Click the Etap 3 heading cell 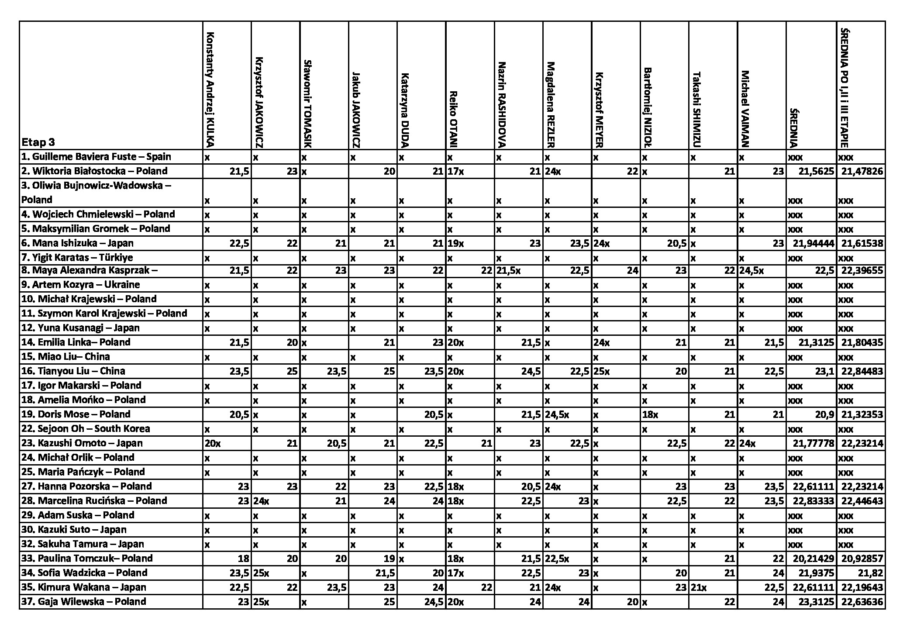click(38, 142)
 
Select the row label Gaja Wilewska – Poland click(83, 602)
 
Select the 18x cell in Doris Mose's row click(650, 414)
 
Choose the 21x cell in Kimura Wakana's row click(699, 587)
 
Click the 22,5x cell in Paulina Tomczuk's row click(557, 559)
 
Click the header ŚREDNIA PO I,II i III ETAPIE click(845, 87)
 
